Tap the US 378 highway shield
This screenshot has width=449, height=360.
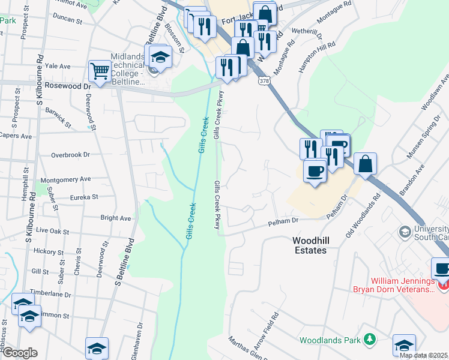pos(264,79)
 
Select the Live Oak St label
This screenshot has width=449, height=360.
pos(53,230)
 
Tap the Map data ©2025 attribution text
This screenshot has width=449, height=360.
pos(424,355)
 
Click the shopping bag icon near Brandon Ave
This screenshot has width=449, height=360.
pos(365,164)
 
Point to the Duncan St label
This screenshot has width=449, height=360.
pos(67,20)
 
